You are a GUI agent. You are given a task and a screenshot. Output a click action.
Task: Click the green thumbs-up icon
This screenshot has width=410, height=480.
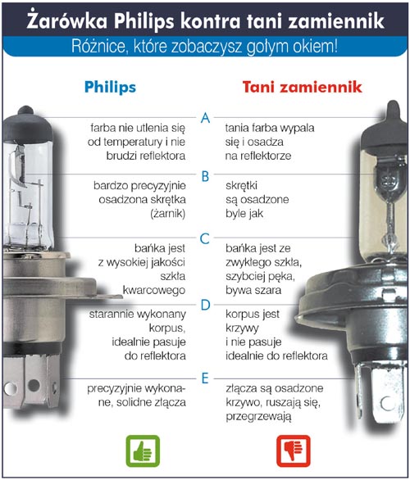(x=143, y=451)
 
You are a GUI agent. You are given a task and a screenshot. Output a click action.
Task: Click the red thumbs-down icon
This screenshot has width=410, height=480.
(x=294, y=451)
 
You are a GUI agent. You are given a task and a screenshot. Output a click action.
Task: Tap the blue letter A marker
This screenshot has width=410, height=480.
(x=205, y=118)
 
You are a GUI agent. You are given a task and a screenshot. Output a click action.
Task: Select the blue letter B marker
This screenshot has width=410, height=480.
(x=205, y=177)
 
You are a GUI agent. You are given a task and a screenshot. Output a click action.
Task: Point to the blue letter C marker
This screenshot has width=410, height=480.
(x=205, y=239)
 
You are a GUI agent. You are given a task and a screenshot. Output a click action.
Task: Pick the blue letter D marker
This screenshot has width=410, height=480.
(x=205, y=305)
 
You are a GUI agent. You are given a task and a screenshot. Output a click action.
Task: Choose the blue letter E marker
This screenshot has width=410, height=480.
(x=205, y=378)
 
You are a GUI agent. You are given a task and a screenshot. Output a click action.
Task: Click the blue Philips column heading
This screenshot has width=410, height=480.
(x=110, y=87)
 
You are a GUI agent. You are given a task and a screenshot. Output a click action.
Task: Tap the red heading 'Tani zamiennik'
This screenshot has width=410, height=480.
(x=302, y=87)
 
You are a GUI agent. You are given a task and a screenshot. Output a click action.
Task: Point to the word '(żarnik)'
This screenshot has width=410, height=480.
(x=168, y=214)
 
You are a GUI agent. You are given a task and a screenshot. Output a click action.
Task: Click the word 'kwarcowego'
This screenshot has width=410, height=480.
(x=154, y=290)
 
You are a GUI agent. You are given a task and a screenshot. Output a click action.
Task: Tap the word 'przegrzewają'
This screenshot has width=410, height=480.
(x=258, y=417)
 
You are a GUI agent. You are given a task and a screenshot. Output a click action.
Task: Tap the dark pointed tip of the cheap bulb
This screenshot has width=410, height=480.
(x=392, y=111)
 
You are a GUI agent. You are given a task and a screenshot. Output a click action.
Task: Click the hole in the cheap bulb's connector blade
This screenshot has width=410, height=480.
(x=387, y=403)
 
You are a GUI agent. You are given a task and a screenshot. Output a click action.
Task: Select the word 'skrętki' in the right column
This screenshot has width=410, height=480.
(x=241, y=186)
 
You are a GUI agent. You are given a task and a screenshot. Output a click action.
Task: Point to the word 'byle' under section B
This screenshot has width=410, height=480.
(x=235, y=214)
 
